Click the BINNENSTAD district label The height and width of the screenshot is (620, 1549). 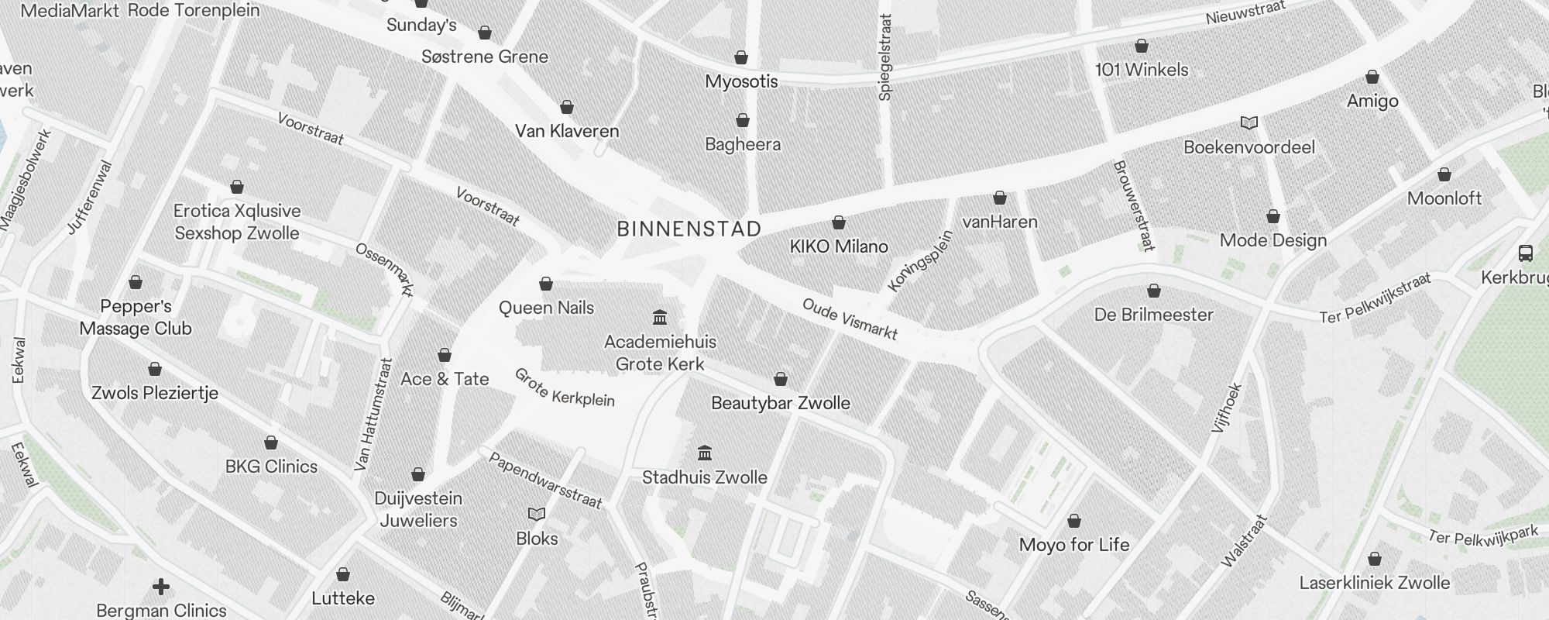coord(689,229)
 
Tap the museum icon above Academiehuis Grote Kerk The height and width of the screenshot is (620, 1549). coord(660,317)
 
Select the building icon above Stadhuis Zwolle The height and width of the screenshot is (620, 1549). coord(705,453)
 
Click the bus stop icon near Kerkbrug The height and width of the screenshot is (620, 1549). coord(1525,253)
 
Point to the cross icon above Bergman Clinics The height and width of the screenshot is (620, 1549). coord(161,587)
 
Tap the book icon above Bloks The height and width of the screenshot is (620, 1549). coord(537,515)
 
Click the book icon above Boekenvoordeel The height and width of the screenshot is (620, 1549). coord(1248,123)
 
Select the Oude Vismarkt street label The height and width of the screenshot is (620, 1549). coord(850,319)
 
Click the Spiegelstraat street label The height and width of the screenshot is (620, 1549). coord(885,57)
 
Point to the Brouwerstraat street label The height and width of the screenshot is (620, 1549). coord(1133,205)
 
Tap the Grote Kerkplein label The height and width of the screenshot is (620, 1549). coord(564,387)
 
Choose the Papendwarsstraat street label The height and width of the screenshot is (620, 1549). coord(544,480)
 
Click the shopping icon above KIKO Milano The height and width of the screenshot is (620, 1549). coord(838,223)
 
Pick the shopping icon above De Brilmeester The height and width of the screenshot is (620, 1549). coord(1153,291)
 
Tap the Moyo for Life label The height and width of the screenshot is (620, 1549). coord(1074,545)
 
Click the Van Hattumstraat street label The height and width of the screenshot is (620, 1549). coord(373,415)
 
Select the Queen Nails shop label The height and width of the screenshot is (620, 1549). coord(546,308)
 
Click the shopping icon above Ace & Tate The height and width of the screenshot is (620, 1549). coord(445,356)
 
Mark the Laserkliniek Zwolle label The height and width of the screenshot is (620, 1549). coord(1374,583)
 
